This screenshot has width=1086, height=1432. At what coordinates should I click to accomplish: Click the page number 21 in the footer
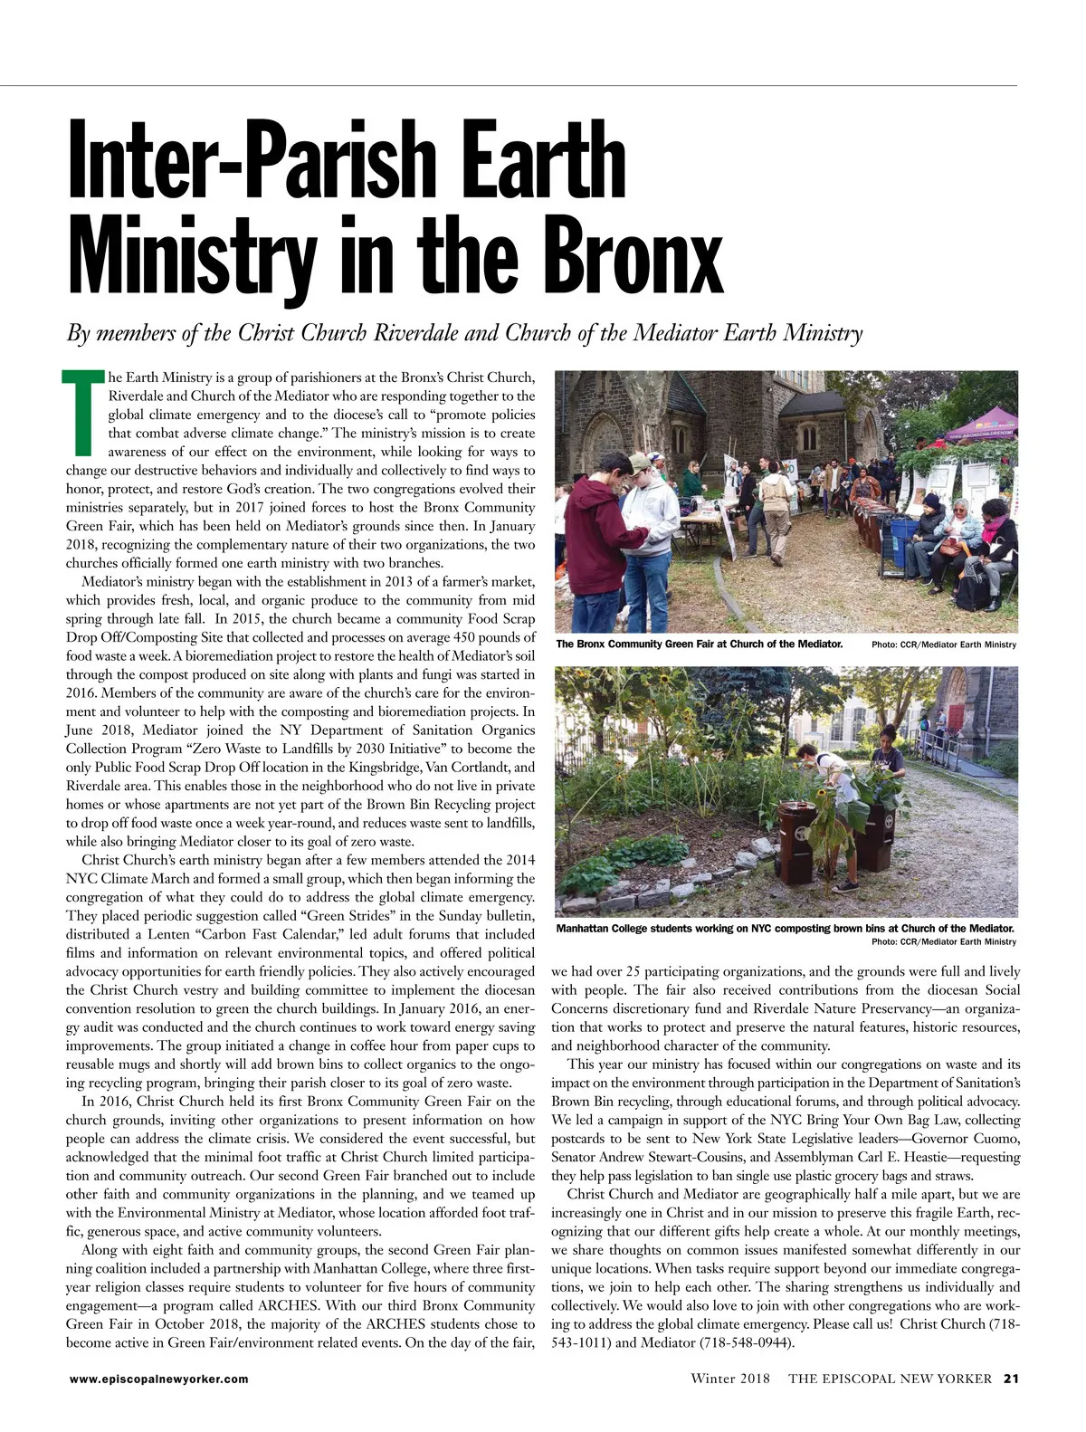pyautogui.click(x=1011, y=1379)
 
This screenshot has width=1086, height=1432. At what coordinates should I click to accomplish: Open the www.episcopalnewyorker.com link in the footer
pyautogui.click(x=158, y=1379)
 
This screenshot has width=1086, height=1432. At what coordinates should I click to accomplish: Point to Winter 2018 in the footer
pyautogui.click(x=729, y=1379)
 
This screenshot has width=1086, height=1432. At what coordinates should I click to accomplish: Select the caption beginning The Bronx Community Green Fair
pyautogui.click(x=699, y=644)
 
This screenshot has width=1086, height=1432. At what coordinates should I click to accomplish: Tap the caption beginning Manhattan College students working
pyautogui.click(x=784, y=929)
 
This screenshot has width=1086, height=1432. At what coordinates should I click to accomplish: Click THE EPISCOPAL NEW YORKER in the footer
pyautogui.click(x=891, y=1379)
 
